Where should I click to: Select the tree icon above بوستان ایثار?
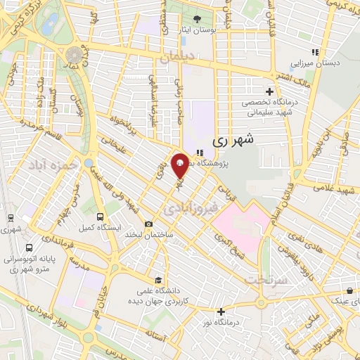point(197,18)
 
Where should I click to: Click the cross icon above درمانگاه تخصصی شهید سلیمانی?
point(269,91)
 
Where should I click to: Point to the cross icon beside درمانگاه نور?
point(221,311)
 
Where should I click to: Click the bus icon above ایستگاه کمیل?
point(100,217)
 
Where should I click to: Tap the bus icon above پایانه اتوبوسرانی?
point(28,247)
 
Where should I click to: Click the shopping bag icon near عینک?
point(349,291)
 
